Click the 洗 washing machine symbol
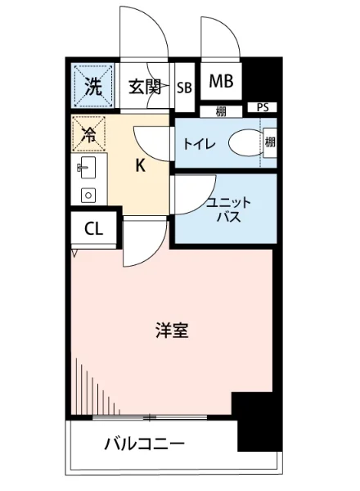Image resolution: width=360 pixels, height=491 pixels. tap(91, 85)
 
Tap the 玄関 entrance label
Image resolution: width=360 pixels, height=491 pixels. tap(144, 87)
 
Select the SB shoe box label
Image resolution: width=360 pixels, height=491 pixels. tap(184, 88)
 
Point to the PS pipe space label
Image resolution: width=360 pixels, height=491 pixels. tap(262, 107)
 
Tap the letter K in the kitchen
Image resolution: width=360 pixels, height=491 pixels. tap(140, 166)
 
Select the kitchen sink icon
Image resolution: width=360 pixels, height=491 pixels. tap(86, 169)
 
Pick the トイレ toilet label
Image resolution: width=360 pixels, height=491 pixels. tap(200, 144)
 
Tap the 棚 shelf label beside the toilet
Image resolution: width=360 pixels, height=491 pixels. tap(270, 143)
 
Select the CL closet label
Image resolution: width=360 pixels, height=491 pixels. tap(94, 229)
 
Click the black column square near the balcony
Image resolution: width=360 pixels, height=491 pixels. tap(254, 421)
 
